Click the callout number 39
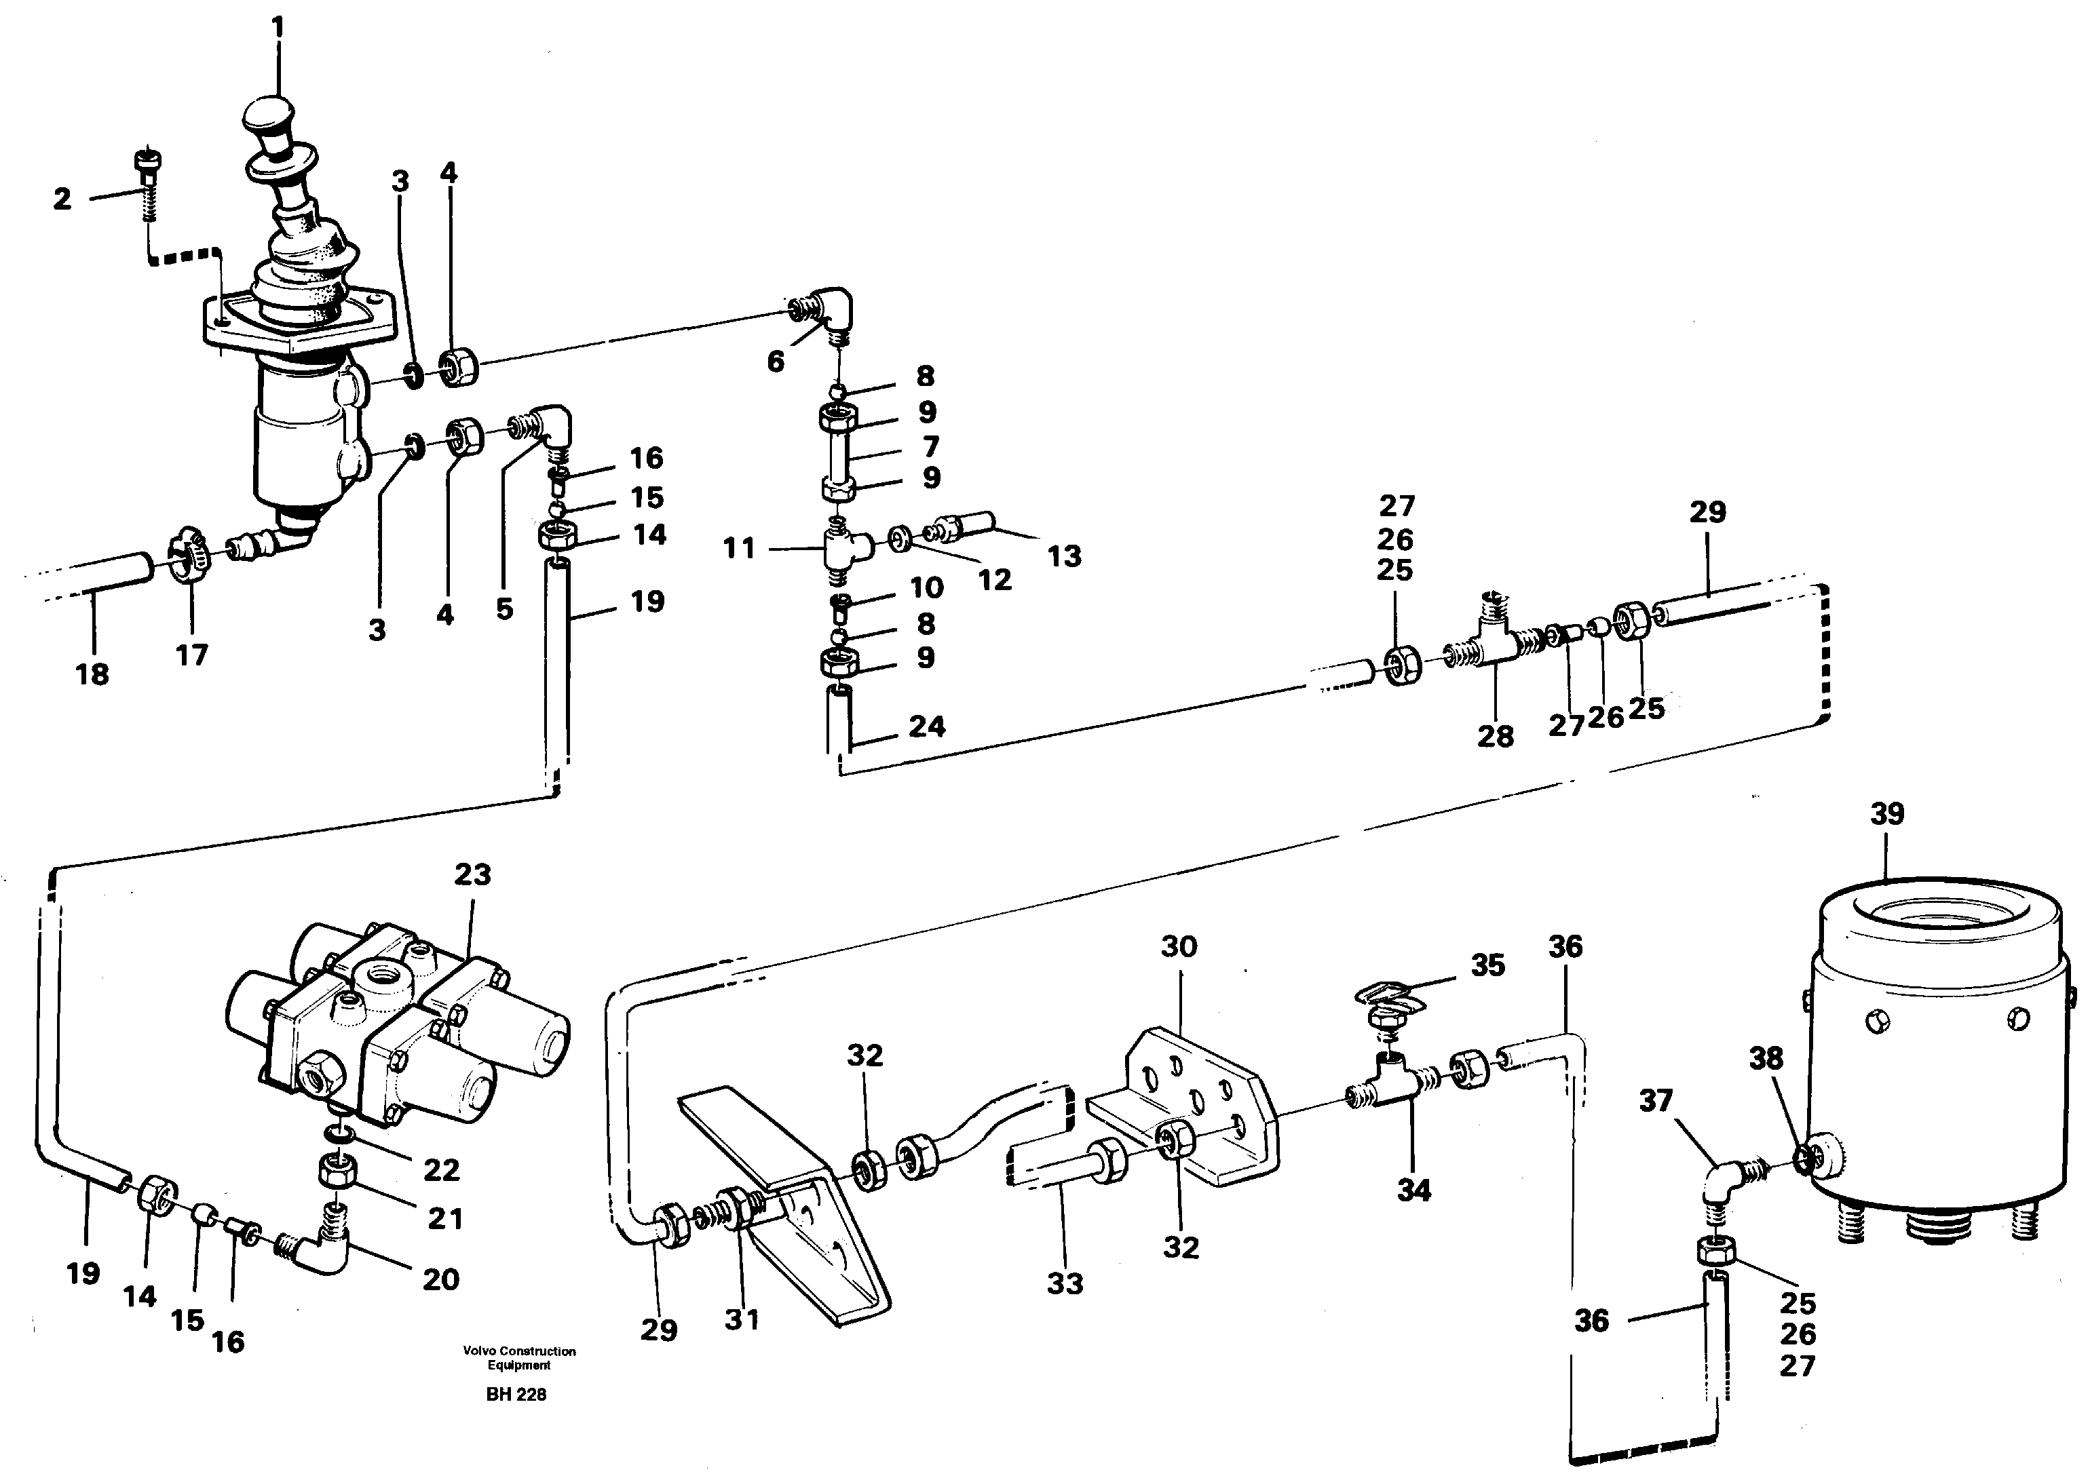pos(1886,813)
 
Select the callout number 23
pos(472,874)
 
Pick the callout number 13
pos(1063,556)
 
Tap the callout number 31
pos(741,1319)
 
